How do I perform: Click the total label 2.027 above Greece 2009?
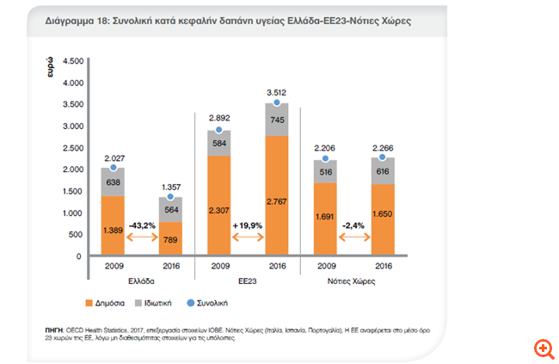coord(113,157)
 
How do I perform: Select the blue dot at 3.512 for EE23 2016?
coord(275,102)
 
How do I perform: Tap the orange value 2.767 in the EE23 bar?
coord(275,200)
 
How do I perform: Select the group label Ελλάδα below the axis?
coord(143,280)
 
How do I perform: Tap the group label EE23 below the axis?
coord(247,280)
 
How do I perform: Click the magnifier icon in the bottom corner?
coord(543,348)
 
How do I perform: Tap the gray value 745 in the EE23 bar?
coord(275,120)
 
